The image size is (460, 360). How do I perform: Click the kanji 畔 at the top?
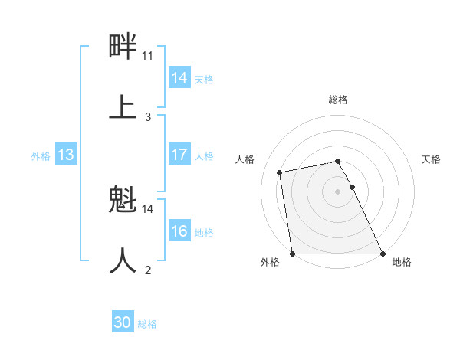coord(123,47)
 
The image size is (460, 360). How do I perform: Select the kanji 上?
coord(123,106)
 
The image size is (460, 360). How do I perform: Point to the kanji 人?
coord(123,260)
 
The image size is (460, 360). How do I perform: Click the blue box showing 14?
coord(179,78)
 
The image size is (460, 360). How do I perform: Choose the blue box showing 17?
coord(179,155)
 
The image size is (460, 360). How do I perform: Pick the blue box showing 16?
coord(179,231)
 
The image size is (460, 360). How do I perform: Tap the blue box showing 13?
coord(66,155)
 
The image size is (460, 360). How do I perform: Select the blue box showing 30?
coord(123,322)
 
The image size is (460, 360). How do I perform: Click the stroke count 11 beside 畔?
coord(148,56)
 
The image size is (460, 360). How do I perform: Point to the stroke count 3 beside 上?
coord(148,117)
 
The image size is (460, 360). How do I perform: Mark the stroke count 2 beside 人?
coord(148,270)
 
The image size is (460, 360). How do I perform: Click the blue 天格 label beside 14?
coord(204,79)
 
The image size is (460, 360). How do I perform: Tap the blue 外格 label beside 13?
coord(41,155)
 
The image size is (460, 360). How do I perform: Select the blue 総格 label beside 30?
coord(147,323)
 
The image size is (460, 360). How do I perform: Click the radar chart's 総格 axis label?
coord(338,100)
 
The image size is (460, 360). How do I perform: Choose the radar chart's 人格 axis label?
coord(245,159)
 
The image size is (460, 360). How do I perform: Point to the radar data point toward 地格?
coord(382,253)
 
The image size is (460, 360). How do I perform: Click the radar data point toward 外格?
coord(293,253)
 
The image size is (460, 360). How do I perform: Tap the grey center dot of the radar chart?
coord(337,191)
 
